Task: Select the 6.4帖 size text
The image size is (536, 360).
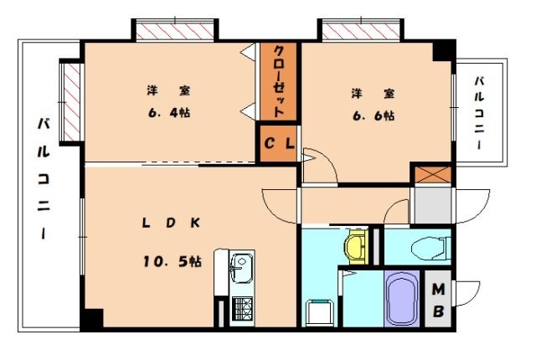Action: click(x=165, y=114)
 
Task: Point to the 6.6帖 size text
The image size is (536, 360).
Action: click(x=371, y=116)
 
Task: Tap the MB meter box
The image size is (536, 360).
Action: click(x=438, y=301)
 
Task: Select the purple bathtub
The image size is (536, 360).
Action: click(x=403, y=298)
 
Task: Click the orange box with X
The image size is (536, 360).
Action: click(x=431, y=176)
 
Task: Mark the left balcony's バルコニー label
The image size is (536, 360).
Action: click(x=42, y=181)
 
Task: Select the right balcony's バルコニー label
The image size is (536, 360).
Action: click(x=478, y=114)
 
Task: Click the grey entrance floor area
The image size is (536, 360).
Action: click(x=431, y=208)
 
